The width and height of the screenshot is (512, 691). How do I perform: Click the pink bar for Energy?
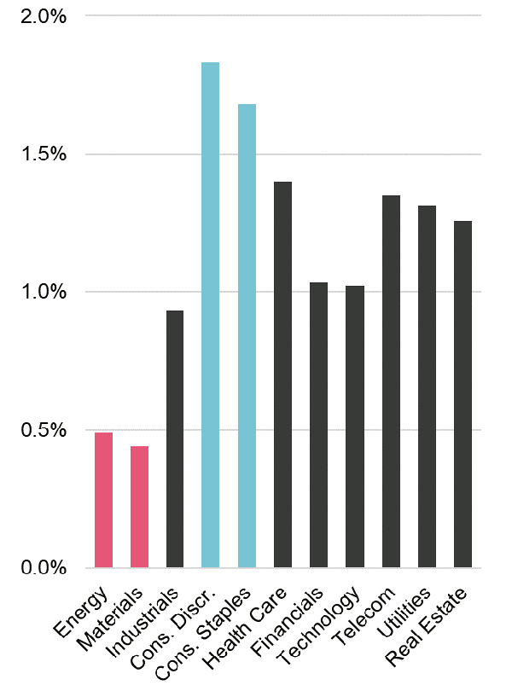click(x=103, y=500)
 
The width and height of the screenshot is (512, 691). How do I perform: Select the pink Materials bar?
click(x=139, y=507)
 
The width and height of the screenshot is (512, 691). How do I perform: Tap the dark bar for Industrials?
click(x=175, y=439)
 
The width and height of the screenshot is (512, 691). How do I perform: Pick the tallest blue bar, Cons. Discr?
click(x=211, y=315)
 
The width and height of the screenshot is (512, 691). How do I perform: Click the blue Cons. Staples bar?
click(x=247, y=336)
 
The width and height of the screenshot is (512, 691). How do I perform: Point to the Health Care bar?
click(x=282, y=375)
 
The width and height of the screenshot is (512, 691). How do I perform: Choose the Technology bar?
click(x=355, y=427)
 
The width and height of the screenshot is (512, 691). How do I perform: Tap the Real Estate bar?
click(x=463, y=394)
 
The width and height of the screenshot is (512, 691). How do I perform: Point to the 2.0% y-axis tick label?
click(x=40, y=17)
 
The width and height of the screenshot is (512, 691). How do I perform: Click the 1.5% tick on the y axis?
click(x=40, y=154)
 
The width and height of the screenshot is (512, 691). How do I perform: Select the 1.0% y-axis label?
click(x=40, y=293)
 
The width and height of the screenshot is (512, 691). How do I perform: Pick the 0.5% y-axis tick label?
click(x=40, y=430)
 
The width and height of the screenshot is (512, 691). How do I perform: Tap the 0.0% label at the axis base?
click(x=40, y=568)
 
